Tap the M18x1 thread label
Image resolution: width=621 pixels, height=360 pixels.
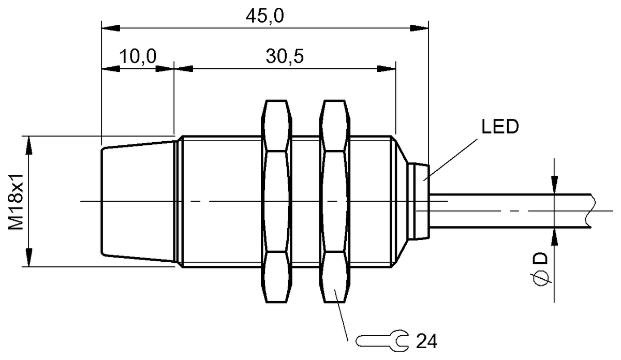coord(17,202)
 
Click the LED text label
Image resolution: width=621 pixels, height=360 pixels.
coord(499,127)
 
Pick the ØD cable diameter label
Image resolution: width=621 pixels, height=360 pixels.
coord(542,268)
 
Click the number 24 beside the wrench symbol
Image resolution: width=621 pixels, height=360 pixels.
coord(427,341)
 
